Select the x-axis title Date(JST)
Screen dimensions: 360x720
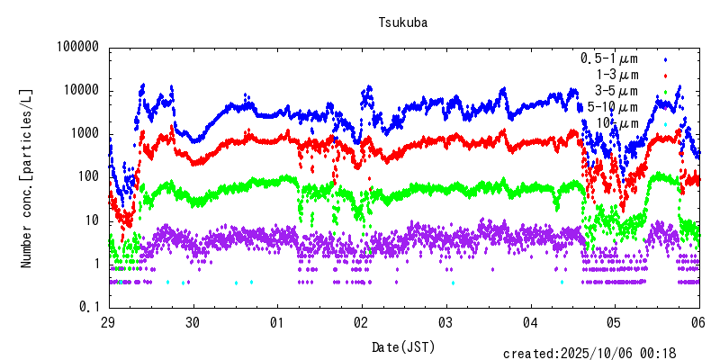point(402,346)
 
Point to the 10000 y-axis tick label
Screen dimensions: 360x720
point(78,91)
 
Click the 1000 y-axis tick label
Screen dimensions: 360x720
point(82,134)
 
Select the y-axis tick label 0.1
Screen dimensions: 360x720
point(89,307)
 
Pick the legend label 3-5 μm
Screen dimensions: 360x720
point(616,91)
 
